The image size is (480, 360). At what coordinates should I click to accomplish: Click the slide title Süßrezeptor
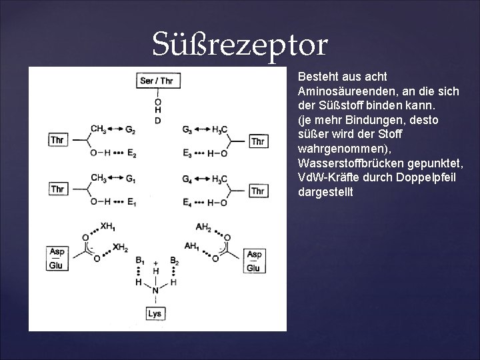click(240, 45)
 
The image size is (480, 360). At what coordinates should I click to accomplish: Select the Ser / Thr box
click(157, 81)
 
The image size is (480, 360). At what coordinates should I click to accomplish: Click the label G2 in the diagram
click(130, 129)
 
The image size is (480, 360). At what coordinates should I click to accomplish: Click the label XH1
click(107, 227)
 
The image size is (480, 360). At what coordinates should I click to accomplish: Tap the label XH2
click(121, 247)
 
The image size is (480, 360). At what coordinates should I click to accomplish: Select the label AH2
click(204, 227)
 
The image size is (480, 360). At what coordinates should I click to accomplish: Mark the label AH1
click(191, 247)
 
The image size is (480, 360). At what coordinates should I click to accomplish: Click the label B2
click(174, 260)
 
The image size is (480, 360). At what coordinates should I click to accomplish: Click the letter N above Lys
click(156, 291)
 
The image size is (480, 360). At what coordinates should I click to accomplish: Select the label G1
click(130, 178)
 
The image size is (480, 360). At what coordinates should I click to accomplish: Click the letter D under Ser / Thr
click(157, 120)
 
